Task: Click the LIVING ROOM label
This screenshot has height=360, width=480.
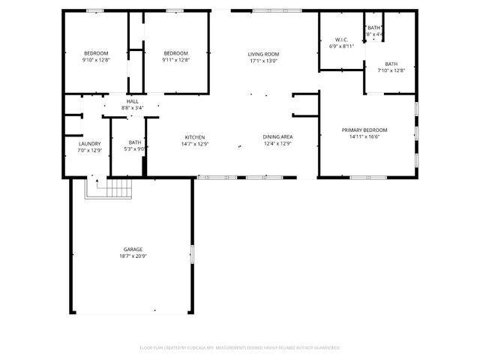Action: point(264,54)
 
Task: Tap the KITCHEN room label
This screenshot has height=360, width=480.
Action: point(195,136)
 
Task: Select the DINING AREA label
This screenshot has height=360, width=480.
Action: point(277,136)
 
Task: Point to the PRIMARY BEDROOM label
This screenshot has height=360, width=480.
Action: point(364,130)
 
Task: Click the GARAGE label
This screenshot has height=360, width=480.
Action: point(133,249)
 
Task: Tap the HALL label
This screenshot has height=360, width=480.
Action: point(133,101)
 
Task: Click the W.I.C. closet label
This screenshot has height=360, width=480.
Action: point(340,40)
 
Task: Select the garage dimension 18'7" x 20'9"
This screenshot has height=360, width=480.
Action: point(133,256)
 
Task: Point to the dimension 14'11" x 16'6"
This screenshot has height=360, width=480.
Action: point(364,136)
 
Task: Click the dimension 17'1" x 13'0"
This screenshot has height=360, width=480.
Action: point(264,61)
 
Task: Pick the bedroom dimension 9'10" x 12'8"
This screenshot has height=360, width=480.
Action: point(96,60)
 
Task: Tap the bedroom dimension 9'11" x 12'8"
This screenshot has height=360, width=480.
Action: point(175,60)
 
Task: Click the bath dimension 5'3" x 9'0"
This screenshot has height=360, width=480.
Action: point(135,149)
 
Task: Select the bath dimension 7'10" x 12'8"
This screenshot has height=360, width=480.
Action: point(391,70)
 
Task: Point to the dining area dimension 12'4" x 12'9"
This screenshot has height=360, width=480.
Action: point(277,143)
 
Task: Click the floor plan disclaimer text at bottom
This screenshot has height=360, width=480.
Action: point(240,347)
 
